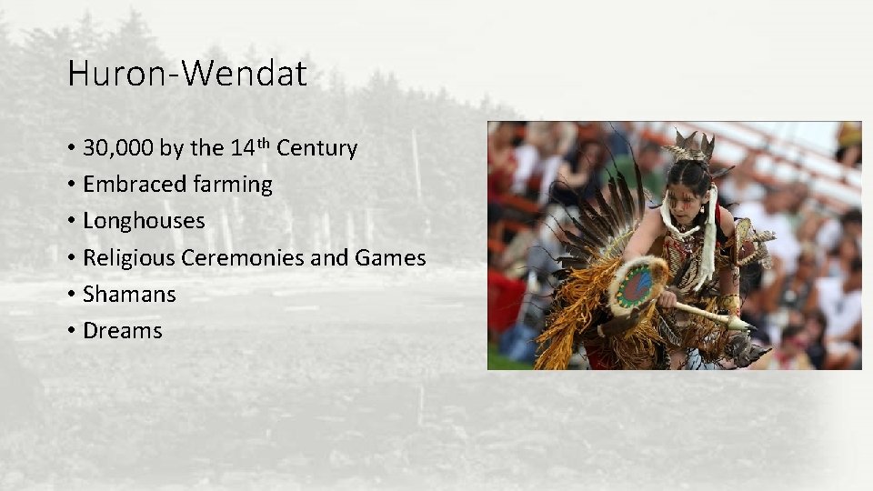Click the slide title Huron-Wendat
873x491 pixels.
tap(187, 75)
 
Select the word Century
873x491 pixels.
tap(316, 148)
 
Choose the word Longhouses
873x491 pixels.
tap(144, 221)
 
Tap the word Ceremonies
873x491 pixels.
tap(243, 258)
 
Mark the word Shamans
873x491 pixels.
tap(129, 295)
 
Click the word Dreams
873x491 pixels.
tap(122, 331)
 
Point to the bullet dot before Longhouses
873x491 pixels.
tap(71, 222)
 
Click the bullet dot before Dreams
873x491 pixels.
tap(71, 332)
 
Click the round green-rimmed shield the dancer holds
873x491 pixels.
tap(639, 284)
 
